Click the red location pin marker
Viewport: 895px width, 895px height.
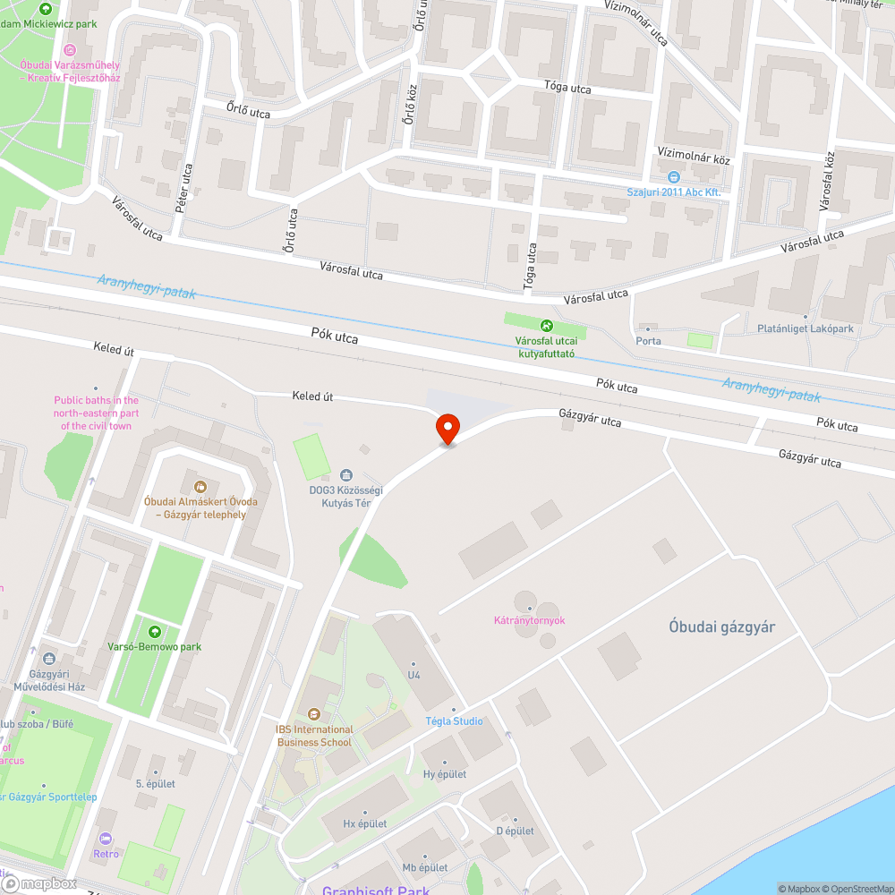[447, 427]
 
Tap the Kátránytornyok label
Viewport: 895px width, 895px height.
[529, 620]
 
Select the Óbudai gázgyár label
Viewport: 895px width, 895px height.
[721, 626]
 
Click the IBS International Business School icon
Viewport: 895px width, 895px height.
[314, 714]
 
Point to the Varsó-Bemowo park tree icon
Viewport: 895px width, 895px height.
[158, 632]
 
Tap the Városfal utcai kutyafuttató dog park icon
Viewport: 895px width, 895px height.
[545, 326]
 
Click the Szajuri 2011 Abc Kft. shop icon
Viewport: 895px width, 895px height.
[674, 177]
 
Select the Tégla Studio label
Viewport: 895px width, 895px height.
[454, 721]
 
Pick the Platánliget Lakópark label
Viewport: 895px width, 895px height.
[805, 329]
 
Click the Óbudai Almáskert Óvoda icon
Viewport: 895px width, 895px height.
[200, 487]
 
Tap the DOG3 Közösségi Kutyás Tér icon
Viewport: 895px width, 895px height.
[346, 474]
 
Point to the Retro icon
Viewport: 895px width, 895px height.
[106, 839]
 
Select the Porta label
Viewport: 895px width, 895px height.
[648, 341]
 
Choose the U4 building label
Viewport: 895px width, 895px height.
[413, 675]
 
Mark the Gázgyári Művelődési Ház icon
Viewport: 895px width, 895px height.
[48, 660]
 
